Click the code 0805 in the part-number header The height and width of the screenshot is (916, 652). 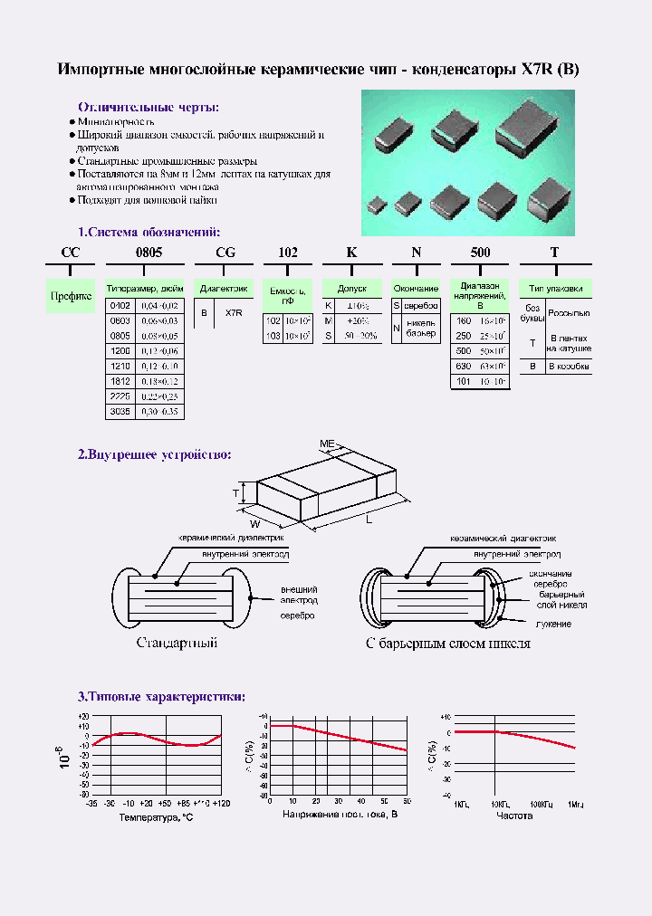pyautogui.click(x=149, y=253)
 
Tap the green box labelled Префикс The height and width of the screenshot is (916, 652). pyautogui.click(x=71, y=296)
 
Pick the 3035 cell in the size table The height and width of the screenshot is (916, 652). pyautogui.click(x=120, y=411)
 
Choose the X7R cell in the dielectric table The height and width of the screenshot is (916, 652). pyautogui.click(x=233, y=312)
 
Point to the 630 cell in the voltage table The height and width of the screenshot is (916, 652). pyautogui.click(x=464, y=366)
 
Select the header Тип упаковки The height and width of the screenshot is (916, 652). pyautogui.click(x=555, y=289)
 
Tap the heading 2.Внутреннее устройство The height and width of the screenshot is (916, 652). pyautogui.click(x=154, y=454)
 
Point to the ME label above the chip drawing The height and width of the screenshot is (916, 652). pyautogui.click(x=327, y=444)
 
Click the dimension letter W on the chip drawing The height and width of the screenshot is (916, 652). pyautogui.click(x=256, y=522)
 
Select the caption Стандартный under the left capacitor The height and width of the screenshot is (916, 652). pyautogui.click(x=177, y=644)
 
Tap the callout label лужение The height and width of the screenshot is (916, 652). pyautogui.click(x=553, y=625)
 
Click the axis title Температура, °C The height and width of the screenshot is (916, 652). pyautogui.click(x=156, y=816)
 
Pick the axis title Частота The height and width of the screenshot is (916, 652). pyautogui.click(x=514, y=816)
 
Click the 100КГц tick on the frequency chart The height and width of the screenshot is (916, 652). pyautogui.click(x=542, y=804)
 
